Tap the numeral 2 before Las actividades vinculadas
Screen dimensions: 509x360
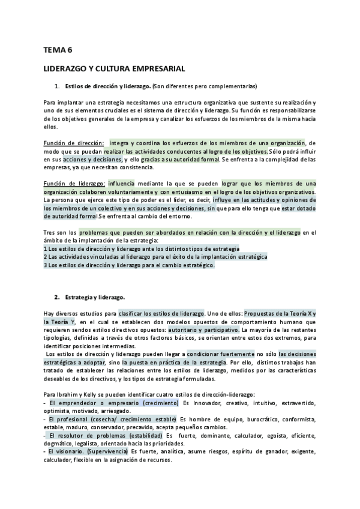tap(46, 256)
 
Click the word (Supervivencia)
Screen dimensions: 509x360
tap(107, 451)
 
